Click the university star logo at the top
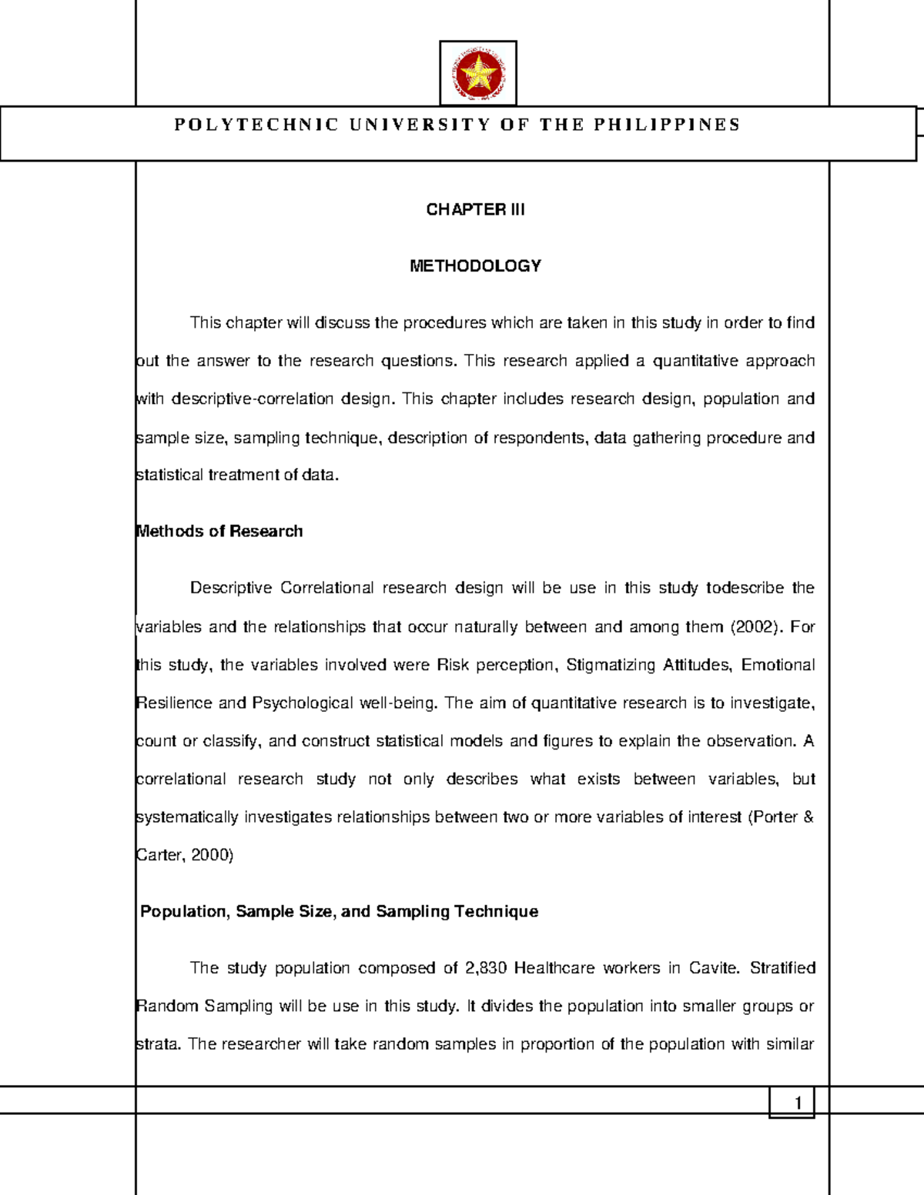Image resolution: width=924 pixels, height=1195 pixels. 477,74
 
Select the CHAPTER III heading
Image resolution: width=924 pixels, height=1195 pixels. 475,209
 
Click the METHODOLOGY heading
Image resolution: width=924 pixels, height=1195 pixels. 475,265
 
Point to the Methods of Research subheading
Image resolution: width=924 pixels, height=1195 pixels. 219,531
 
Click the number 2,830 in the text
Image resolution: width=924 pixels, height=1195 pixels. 486,967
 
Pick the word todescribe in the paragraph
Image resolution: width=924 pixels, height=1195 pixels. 745,588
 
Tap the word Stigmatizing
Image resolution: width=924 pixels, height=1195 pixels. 610,664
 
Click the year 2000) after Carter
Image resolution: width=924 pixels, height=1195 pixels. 212,855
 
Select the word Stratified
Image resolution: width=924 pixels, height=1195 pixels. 782,967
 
